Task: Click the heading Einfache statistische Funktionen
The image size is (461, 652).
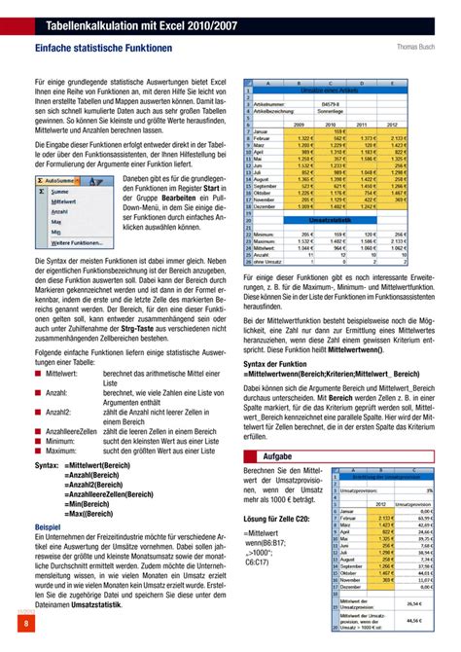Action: (103, 47)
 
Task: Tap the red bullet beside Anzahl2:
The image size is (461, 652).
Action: (38, 413)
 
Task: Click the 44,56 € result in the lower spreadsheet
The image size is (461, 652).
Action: (415, 618)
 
